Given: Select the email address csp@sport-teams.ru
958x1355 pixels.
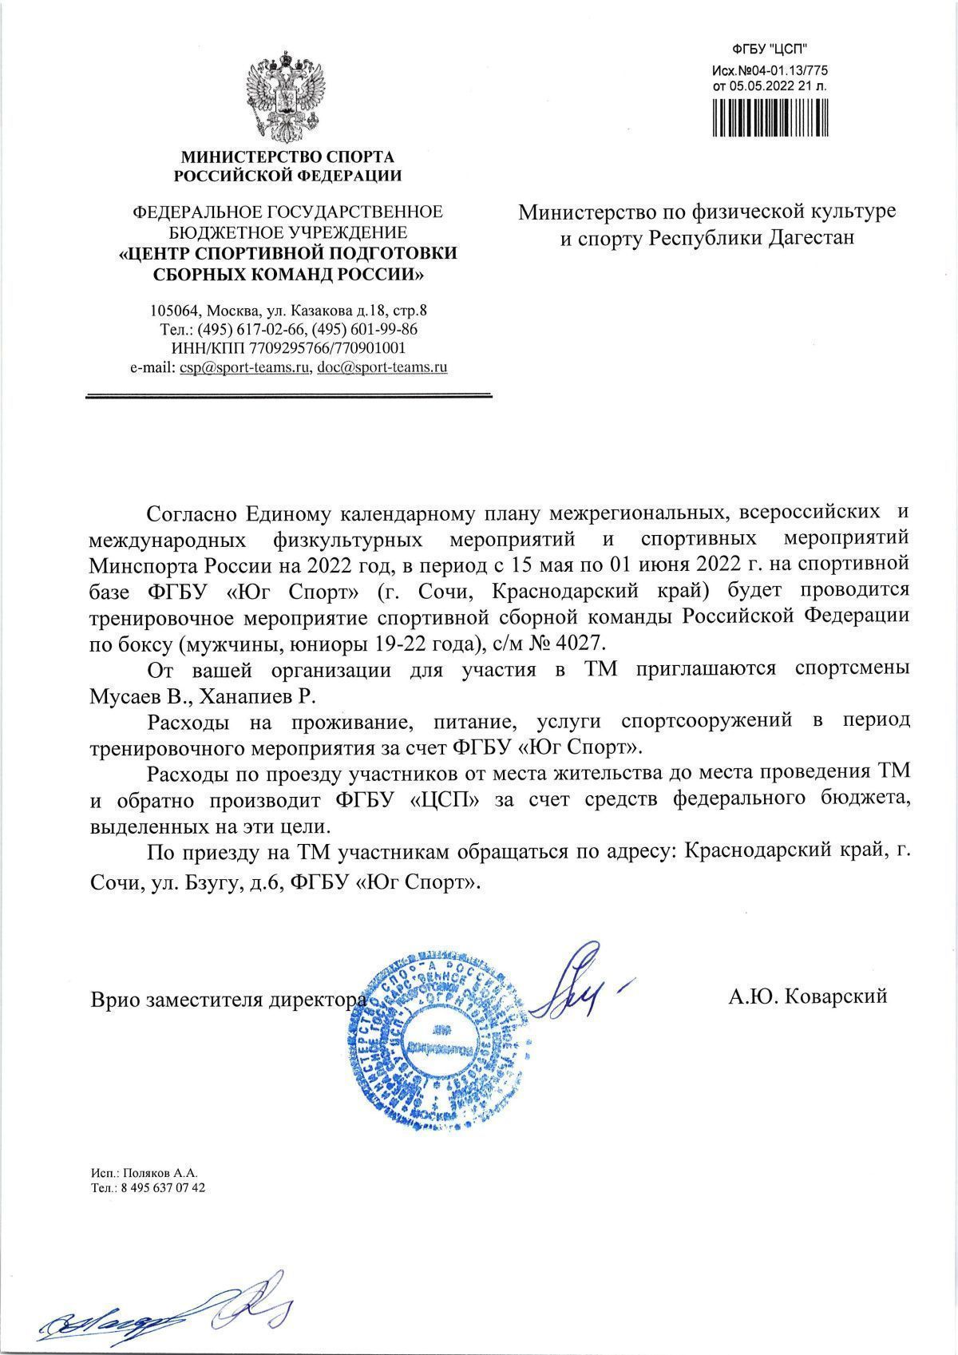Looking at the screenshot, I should (245, 368).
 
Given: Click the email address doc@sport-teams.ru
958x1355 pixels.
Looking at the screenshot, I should (382, 368).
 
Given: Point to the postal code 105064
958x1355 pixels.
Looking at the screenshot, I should (175, 310).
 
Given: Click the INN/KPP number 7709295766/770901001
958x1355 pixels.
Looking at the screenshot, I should (327, 348).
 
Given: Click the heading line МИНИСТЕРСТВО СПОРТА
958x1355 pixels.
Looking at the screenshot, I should (288, 156).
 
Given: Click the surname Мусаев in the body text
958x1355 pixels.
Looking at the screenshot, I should (125, 695).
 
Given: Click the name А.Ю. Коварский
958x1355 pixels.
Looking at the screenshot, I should (807, 996).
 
